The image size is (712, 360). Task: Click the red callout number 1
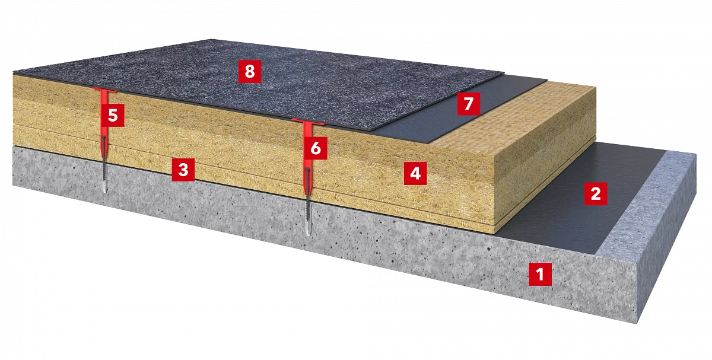540,274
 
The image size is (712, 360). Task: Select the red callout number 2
596,194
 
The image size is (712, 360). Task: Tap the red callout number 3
183,170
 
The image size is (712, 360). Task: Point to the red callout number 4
415,174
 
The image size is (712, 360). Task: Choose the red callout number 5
113,115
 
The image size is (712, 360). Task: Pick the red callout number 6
316,148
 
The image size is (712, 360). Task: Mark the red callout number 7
469,104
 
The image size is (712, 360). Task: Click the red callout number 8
250,72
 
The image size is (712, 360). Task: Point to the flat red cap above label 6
308,122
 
